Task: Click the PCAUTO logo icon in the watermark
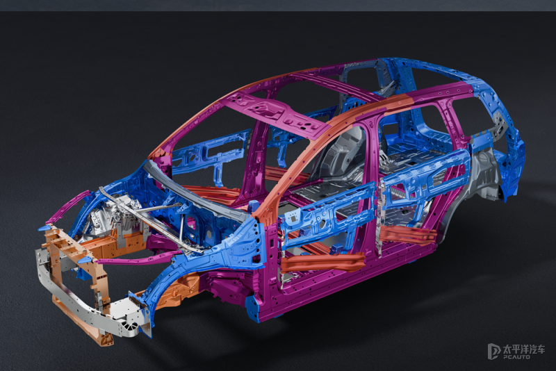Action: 494,351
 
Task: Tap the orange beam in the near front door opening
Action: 322,263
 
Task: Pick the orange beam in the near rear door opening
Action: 408,233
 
